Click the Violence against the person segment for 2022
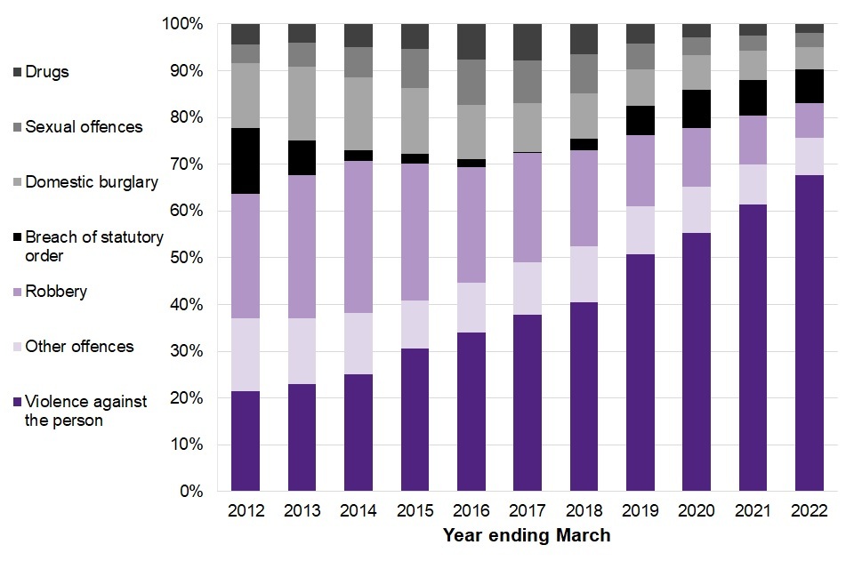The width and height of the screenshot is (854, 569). (x=809, y=333)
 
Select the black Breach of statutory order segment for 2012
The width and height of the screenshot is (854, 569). (x=245, y=161)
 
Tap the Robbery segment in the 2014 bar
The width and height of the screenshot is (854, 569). (x=358, y=236)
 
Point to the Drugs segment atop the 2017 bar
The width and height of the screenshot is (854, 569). (x=528, y=42)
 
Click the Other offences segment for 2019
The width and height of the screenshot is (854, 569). (x=640, y=230)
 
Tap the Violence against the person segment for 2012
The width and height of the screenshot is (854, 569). (x=245, y=440)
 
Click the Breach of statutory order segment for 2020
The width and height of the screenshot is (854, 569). (x=697, y=108)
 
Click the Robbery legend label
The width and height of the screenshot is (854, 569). (x=57, y=292)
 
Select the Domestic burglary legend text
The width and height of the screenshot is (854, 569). (x=92, y=182)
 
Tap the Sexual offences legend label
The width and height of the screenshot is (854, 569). (x=84, y=127)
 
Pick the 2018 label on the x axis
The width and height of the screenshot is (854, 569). (x=584, y=511)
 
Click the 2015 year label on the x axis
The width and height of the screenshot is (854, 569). (x=415, y=511)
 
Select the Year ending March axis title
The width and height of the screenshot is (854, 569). (x=527, y=535)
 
